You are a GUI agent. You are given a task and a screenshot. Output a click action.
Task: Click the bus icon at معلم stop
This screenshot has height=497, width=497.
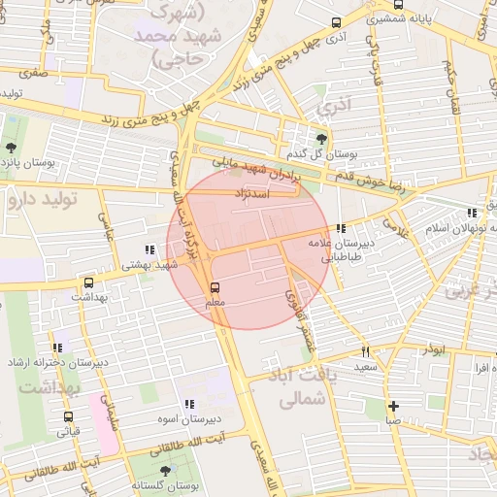(215, 287)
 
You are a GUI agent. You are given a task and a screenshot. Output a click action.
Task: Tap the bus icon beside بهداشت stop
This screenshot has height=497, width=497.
(89, 281)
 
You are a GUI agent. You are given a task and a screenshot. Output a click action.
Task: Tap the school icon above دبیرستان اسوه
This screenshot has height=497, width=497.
(189, 404)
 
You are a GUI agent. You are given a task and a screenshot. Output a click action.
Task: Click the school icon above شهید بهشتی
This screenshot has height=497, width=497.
(149, 248)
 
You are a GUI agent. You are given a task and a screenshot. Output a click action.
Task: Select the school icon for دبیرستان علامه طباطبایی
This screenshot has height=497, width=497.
(339, 229)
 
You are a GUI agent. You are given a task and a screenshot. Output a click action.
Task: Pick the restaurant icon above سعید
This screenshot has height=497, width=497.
(365, 352)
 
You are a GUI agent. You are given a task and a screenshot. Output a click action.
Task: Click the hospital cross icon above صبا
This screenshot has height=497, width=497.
(392, 406)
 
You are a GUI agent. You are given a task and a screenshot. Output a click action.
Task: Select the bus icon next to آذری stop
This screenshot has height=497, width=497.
(336, 22)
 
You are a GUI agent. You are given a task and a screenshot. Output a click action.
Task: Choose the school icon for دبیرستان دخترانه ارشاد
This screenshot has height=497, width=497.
(60, 347)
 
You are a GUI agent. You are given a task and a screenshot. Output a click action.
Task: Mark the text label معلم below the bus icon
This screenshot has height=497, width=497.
(215, 304)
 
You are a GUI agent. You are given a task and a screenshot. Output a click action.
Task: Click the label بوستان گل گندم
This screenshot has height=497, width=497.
(316, 154)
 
